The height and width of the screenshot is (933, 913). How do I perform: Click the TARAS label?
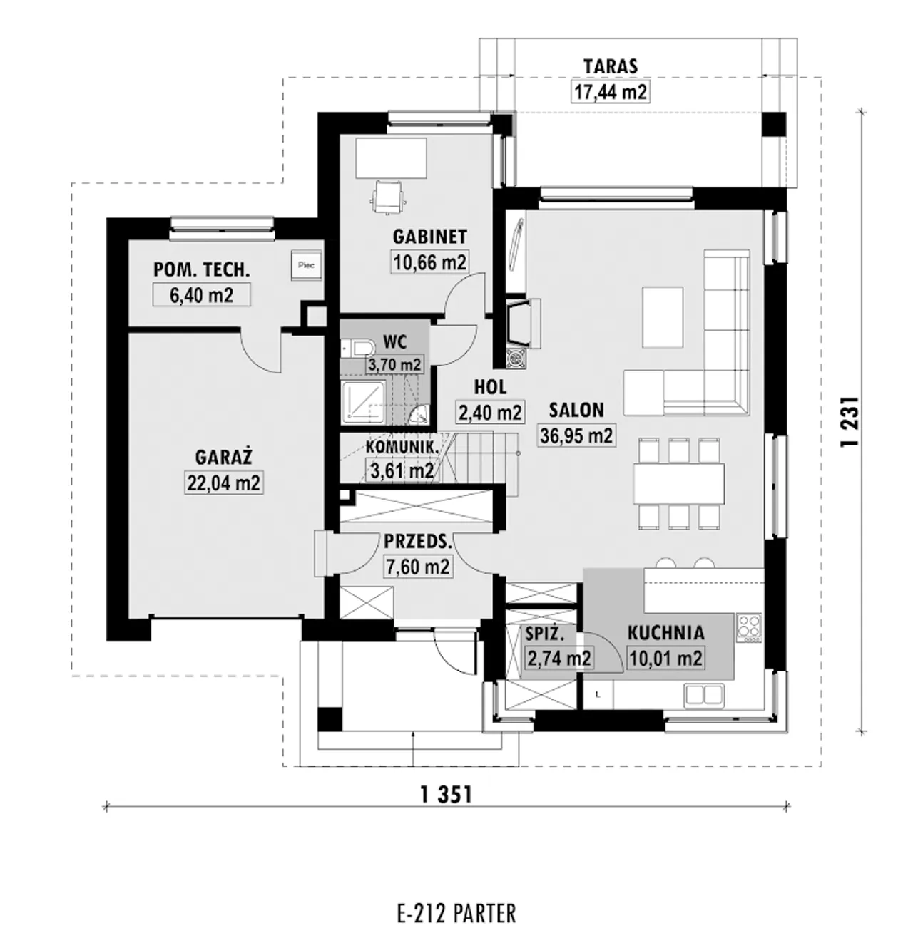(611, 66)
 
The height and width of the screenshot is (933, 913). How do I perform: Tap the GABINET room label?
(429, 237)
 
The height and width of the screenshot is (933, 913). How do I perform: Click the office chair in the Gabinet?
(388, 197)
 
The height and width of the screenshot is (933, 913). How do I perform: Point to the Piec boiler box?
(306, 264)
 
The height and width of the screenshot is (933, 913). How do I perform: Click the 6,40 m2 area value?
(202, 294)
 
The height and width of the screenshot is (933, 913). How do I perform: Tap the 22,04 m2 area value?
(223, 483)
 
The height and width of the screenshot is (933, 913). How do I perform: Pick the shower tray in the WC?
(364, 402)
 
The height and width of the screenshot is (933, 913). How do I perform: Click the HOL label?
(490, 387)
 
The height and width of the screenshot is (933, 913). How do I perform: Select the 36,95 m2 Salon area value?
(576, 435)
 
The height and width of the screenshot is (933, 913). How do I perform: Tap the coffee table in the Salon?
(663, 317)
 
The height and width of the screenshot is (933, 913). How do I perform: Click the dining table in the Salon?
(679, 483)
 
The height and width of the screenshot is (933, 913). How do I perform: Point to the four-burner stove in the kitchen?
(749, 628)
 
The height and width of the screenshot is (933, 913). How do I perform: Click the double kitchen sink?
(705, 695)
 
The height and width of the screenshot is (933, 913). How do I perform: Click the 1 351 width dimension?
(447, 795)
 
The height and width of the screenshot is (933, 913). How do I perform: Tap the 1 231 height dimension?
(849, 421)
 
